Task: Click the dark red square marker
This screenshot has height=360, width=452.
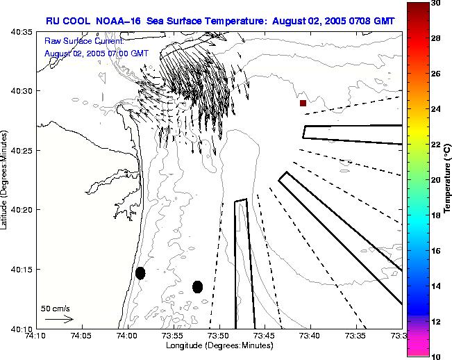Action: [x=303, y=103]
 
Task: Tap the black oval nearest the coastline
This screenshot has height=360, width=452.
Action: [x=140, y=273]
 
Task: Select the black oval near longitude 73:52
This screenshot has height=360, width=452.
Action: [x=197, y=286]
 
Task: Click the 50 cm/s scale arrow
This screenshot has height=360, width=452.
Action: [x=59, y=319]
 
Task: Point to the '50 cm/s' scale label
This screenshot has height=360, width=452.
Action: [x=55, y=308]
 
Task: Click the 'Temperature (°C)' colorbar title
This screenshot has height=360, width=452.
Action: [x=448, y=179]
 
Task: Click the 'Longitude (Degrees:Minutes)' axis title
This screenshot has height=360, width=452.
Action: [x=218, y=346]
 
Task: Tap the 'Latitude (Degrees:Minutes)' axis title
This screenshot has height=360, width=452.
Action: [x=6, y=180]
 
